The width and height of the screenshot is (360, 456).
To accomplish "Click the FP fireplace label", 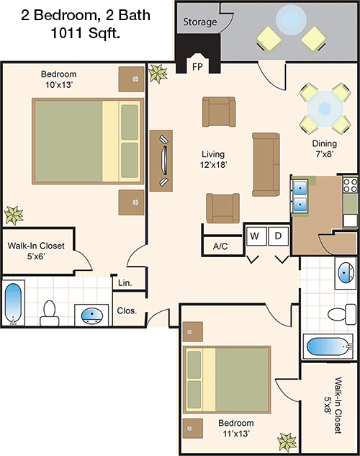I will pos(197,68).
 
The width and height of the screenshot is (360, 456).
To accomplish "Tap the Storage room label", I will pos(199,22).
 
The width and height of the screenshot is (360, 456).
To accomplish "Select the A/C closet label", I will pos(220,246).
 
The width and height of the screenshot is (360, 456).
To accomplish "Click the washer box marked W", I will pos(254,236).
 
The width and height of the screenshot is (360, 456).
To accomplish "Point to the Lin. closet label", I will pos(124,284).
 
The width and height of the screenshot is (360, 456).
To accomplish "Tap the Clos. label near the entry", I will pos(127,312).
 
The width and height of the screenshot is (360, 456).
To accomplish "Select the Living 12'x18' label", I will pos(213,159).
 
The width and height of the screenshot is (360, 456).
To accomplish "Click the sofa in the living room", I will pos(265,164).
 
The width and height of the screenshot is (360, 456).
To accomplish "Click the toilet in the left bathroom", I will pos(50,310).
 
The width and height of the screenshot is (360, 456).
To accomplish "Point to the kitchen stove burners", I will pos(351,184).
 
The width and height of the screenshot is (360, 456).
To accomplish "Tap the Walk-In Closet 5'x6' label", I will pos(36,251).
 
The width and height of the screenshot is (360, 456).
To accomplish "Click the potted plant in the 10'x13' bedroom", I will pos(12,214).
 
